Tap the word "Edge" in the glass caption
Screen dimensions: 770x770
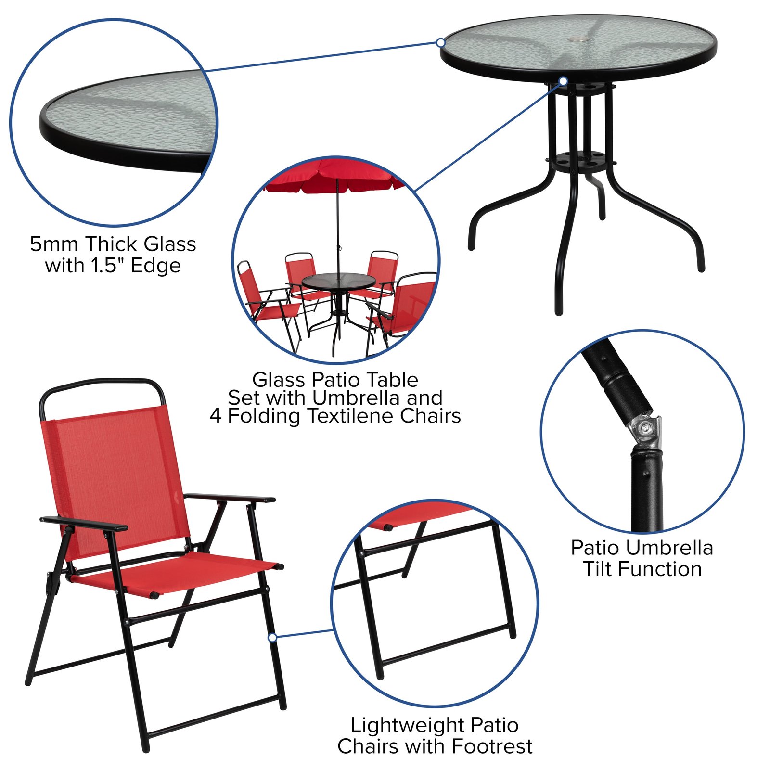tap(156, 266)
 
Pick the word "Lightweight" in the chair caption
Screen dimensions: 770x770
tap(406, 725)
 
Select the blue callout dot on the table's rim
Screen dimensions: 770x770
tap(440, 42)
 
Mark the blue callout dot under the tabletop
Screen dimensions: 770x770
tap(563, 81)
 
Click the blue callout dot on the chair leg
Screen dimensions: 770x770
tap(272, 637)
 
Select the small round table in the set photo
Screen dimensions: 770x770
tap(338, 281)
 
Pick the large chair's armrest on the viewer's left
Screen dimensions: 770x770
tap(84, 524)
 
